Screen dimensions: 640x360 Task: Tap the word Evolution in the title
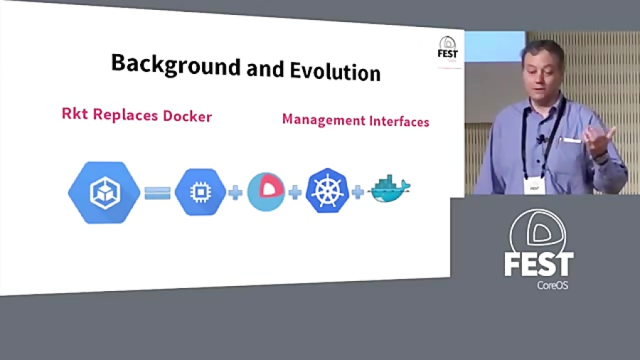pos(335,72)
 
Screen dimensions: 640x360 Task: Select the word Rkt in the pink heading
pos(74,113)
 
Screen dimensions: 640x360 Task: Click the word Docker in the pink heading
pos(188,115)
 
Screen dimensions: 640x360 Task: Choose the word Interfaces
pos(398,122)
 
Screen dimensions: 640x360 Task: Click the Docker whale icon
pos(390,189)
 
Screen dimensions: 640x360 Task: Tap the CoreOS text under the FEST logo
pos(553,285)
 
